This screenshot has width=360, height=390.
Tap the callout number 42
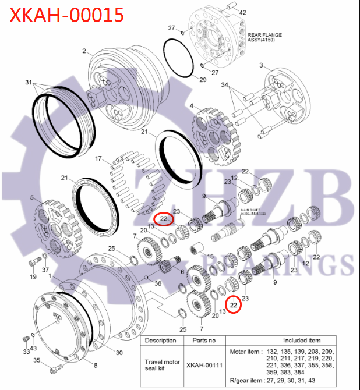pyautogui.click(x=243, y=12)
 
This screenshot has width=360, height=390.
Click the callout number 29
pyautogui.click(x=203, y=79)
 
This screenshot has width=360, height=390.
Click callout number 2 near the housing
pyautogui.click(x=84, y=51)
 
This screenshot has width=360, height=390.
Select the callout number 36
pyautogui.click(x=158, y=283)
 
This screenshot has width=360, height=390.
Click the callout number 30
pyautogui.click(x=119, y=353)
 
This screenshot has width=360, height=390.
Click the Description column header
pyautogui.click(x=160, y=341)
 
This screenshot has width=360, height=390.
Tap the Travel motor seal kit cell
pyautogui.click(x=160, y=365)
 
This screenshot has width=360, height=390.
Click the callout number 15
pyautogui.click(x=210, y=256)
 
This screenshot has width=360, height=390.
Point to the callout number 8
pyautogui.click(x=96, y=365)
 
